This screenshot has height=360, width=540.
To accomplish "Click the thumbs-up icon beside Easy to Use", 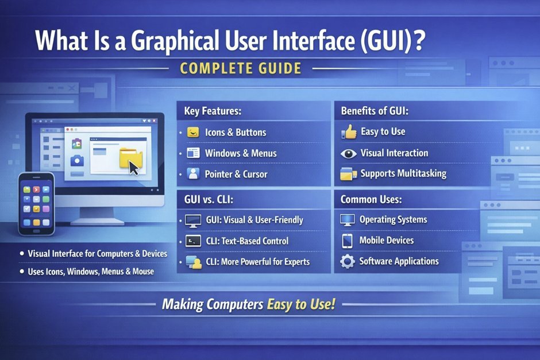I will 349,132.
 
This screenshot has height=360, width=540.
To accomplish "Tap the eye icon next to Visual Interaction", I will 349,153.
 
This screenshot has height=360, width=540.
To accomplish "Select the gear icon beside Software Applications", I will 348,262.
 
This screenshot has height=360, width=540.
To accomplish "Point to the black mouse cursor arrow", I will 134,168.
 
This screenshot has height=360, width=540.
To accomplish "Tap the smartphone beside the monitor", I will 36,204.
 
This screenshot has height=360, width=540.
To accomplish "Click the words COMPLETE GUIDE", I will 240,69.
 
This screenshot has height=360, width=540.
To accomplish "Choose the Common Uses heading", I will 371,200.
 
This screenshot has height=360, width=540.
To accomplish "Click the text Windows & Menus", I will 241,153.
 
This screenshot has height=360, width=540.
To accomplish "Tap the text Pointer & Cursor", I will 236,174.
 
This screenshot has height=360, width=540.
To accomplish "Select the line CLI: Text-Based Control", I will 247,241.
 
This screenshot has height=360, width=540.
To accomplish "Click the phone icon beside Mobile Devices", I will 347,241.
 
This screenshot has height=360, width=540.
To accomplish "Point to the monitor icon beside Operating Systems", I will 348,219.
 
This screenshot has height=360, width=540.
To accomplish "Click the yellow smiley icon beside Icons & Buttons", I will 193,133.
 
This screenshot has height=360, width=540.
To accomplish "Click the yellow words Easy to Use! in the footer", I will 301,304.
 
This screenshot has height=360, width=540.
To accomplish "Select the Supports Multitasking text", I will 403,173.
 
